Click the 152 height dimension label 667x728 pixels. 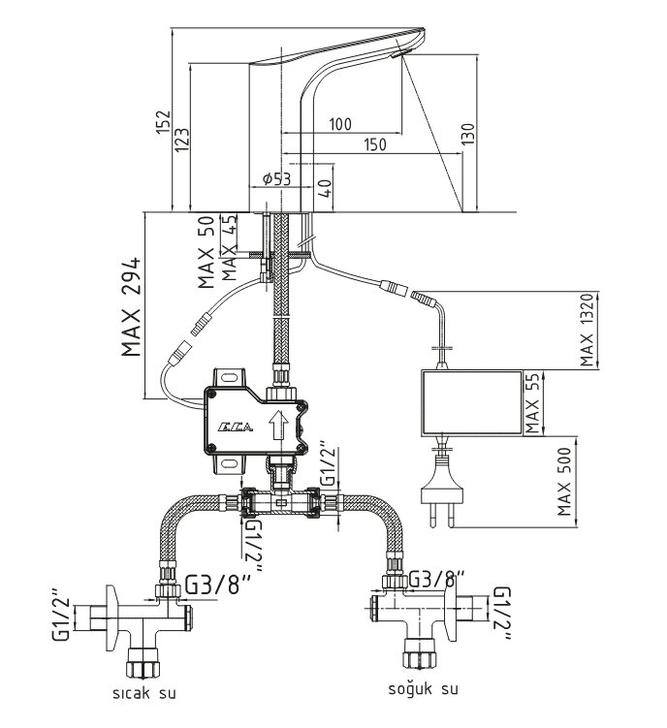point(163,122)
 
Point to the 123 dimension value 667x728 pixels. point(181,139)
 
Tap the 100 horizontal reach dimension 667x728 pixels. point(340,124)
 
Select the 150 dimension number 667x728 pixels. point(374,144)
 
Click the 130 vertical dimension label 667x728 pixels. point(469,133)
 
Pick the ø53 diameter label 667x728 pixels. point(276,178)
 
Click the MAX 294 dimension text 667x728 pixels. point(131,307)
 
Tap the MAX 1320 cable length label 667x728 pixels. point(588,329)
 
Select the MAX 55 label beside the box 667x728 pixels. point(532,403)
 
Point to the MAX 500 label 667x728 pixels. point(564,482)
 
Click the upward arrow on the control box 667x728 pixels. point(278,425)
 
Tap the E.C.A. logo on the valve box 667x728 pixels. point(237,427)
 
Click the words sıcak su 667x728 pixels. point(144,693)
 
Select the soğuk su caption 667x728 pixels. point(423,688)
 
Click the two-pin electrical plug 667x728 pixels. point(442,495)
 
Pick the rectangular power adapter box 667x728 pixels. point(471,403)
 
